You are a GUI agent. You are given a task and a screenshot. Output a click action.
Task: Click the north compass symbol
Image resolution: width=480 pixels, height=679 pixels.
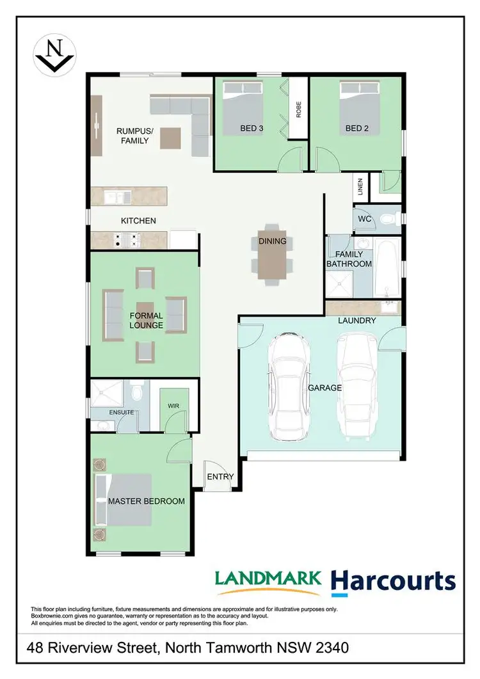54,54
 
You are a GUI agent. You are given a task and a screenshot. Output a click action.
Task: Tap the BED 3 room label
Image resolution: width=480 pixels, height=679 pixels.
252,128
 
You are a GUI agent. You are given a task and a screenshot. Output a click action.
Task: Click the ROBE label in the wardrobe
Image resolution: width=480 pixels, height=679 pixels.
298,109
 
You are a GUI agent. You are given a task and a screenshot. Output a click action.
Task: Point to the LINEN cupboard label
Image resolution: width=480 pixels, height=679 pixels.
360,188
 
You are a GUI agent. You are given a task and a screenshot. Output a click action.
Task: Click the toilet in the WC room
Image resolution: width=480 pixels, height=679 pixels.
386,220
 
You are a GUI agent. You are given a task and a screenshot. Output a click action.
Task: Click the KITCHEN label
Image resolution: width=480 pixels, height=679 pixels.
138,221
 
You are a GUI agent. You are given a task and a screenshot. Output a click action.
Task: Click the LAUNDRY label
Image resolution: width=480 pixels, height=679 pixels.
358,320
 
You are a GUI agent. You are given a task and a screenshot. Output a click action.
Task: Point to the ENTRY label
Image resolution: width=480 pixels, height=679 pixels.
221,477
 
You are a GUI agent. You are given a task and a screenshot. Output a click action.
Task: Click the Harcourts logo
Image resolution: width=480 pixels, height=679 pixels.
393,581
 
